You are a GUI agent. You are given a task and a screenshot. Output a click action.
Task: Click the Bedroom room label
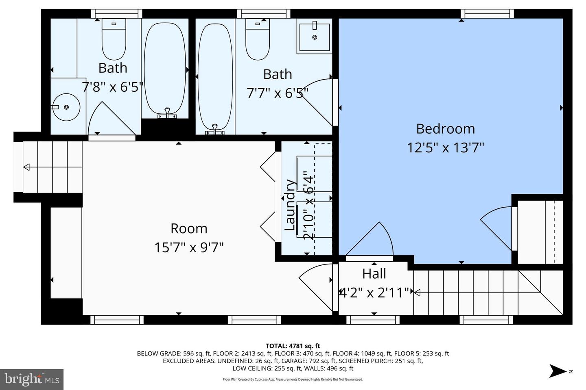(445, 129)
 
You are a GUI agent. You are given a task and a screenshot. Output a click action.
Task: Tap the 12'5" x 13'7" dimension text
(445, 147)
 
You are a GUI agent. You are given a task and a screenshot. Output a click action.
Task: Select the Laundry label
(290, 205)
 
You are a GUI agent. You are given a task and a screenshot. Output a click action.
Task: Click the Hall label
(374, 274)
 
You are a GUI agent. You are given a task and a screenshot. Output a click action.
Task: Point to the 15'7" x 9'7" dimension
(189, 247)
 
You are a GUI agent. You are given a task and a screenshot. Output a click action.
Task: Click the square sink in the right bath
(314, 37)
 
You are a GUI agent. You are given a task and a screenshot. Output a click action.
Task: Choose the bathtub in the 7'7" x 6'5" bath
(215, 77)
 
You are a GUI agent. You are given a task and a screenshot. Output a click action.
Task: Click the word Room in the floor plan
(189, 229)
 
